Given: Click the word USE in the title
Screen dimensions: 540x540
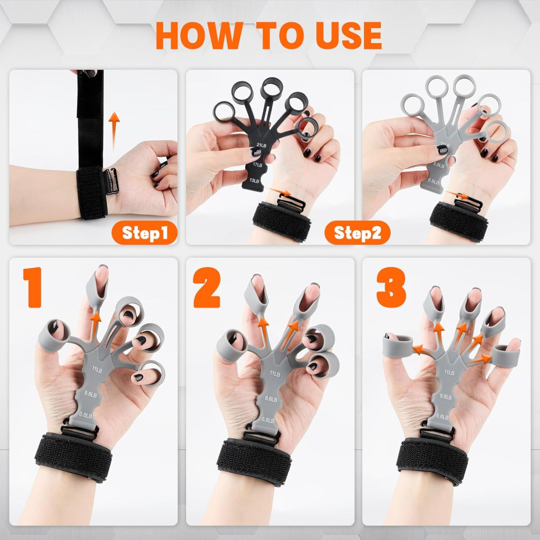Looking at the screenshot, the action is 349,35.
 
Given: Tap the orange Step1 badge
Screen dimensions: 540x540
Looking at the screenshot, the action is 144,233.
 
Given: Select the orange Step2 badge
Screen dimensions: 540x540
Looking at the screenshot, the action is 358,233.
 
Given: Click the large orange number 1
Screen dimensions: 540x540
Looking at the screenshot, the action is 33,287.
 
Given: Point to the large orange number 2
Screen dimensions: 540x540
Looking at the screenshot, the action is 207,287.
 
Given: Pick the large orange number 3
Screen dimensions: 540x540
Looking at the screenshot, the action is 391,287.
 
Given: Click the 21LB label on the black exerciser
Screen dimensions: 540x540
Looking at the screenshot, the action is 262,145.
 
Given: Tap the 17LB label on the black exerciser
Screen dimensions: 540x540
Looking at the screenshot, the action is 257,165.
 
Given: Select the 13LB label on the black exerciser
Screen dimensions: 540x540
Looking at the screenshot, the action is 255,180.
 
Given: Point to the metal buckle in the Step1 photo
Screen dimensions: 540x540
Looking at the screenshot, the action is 111,181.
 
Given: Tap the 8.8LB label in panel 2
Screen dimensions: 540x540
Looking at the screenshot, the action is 271,399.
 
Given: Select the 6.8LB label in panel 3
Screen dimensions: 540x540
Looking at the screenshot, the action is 442,416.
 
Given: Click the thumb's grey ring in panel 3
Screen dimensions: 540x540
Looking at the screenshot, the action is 398,345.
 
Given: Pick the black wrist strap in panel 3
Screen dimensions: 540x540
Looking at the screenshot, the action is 432,461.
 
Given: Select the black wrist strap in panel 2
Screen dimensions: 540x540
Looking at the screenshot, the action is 254,461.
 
